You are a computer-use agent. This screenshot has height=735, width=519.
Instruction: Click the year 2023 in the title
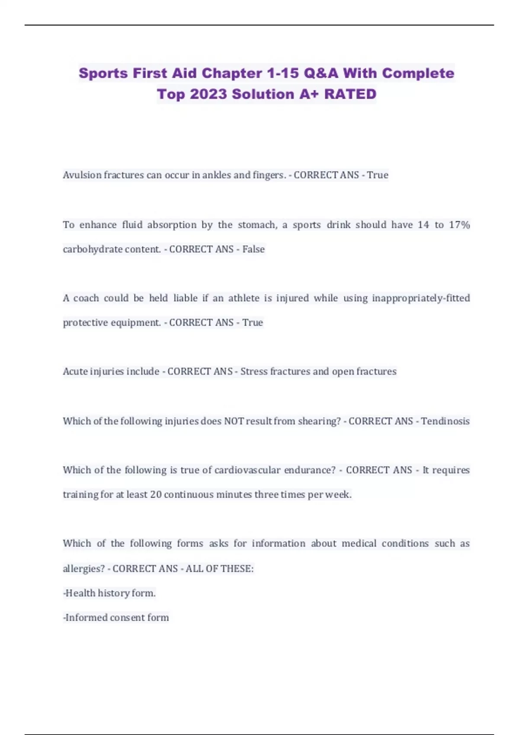click(x=208, y=94)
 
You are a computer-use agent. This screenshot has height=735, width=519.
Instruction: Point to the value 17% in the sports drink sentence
click(x=459, y=225)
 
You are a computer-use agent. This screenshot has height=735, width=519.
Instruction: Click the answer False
click(x=253, y=249)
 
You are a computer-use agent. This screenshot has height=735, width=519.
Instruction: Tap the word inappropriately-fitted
click(x=421, y=298)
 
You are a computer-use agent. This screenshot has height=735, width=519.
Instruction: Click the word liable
click(x=185, y=298)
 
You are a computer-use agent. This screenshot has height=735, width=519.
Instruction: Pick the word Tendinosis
click(x=445, y=421)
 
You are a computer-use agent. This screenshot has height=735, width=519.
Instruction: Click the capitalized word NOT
click(x=234, y=421)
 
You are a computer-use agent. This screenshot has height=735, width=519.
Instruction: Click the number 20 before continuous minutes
click(x=156, y=495)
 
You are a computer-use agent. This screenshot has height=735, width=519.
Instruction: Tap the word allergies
click(x=83, y=569)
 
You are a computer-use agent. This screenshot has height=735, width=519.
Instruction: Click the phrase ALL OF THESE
click(x=219, y=569)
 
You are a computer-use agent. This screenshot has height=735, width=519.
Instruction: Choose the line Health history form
click(x=110, y=593)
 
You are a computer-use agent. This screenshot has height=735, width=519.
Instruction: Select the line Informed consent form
click(x=116, y=617)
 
